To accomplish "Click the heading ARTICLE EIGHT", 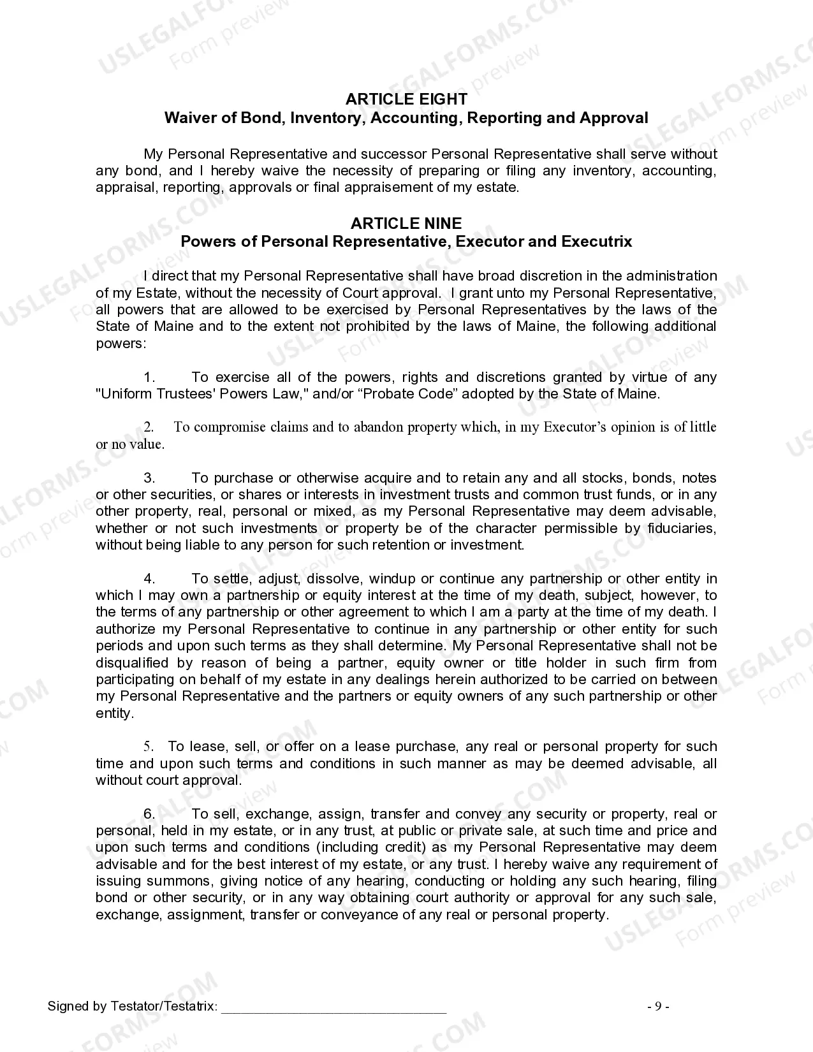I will click(406, 99).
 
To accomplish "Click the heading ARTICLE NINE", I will click(406, 223).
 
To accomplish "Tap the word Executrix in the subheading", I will click(597, 242).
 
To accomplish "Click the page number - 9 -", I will click(658, 1007).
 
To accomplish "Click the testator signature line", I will click(333, 1007).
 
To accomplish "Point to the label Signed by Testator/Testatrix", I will click(132, 1007).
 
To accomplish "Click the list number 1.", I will click(149, 377).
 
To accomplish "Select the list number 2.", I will click(148, 427).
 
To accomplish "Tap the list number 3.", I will click(149, 478).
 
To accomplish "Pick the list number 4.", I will click(149, 579).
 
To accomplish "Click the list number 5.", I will click(148, 747).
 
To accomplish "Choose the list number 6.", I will click(149, 814).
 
